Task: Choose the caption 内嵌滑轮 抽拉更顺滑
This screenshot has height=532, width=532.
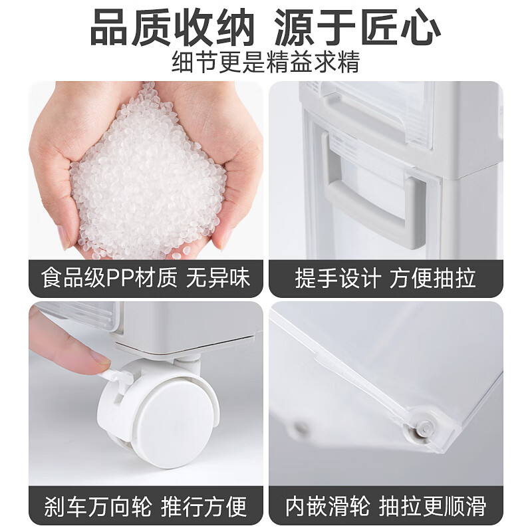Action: [x=385, y=506]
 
